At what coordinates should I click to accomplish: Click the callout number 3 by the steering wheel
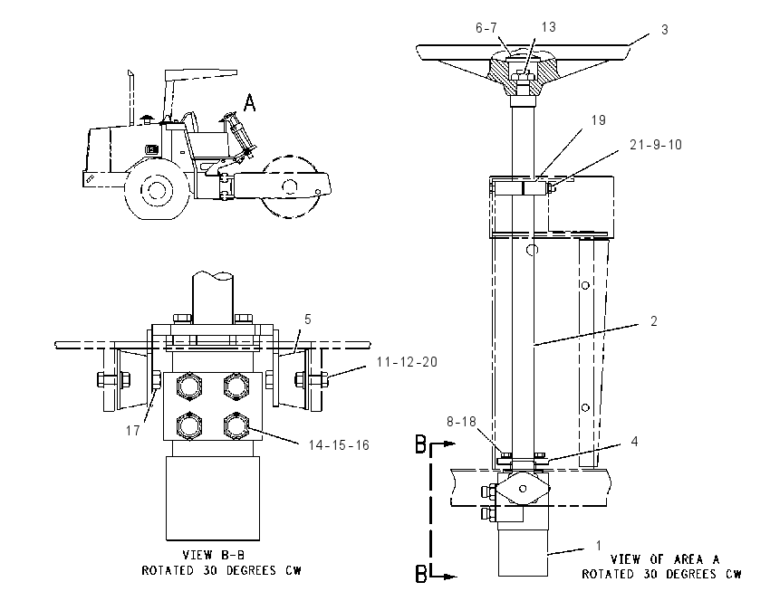[664, 30]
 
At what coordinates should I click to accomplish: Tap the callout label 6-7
[486, 28]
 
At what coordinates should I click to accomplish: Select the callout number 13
[549, 27]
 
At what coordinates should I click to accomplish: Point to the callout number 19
[598, 120]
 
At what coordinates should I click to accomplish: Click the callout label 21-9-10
[656, 145]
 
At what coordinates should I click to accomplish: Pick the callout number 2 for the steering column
[654, 321]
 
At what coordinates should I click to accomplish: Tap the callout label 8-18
[462, 422]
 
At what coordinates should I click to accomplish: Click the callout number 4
[634, 442]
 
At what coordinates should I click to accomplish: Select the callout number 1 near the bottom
[599, 546]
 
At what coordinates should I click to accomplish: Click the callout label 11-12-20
[407, 362]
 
